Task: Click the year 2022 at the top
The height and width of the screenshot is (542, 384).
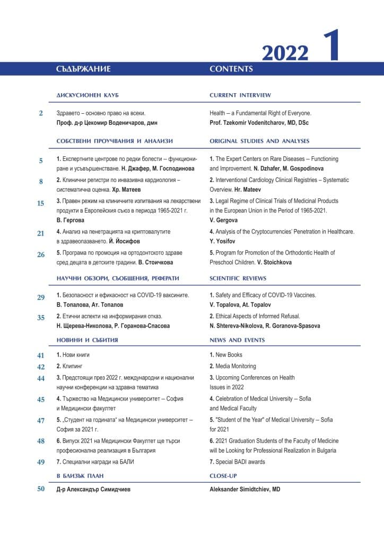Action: point(285,53)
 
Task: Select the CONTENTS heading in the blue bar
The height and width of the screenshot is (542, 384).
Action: point(231,69)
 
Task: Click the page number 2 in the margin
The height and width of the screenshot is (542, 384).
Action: point(41,113)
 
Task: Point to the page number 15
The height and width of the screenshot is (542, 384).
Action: point(41,203)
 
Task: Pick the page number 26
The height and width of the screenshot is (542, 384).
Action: point(41,255)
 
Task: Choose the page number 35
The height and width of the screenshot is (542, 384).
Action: point(41,318)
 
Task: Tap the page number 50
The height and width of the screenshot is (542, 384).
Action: point(41,489)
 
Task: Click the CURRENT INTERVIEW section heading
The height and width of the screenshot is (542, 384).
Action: point(240,95)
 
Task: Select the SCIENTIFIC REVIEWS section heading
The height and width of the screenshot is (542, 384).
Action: point(238,278)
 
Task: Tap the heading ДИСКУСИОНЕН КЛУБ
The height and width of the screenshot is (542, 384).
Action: point(87,95)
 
